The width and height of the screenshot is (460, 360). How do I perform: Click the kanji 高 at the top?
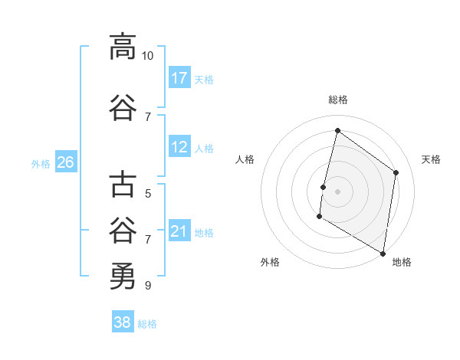click(x=123, y=47)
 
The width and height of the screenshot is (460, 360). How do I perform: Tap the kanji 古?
click(x=123, y=185)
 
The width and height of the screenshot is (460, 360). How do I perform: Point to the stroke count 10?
click(x=148, y=56)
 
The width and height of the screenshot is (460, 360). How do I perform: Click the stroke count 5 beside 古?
click(x=148, y=194)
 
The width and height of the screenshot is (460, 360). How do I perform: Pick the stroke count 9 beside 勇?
click(x=148, y=286)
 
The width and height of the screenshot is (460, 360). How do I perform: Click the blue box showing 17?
click(x=179, y=77)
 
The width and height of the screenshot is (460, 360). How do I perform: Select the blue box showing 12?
click(x=179, y=147)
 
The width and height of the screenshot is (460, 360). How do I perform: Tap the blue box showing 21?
click(x=179, y=231)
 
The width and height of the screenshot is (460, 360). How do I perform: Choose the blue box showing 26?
click(x=66, y=162)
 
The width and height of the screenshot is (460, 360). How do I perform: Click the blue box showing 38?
click(x=123, y=322)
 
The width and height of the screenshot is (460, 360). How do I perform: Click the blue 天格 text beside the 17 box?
click(x=204, y=79)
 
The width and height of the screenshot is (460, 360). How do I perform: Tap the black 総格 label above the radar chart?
click(x=337, y=100)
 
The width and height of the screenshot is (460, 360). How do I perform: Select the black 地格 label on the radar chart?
click(x=402, y=262)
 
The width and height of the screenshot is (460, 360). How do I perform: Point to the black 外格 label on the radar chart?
click(x=270, y=262)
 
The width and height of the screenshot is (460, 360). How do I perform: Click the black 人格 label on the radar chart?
click(x=245, y=159)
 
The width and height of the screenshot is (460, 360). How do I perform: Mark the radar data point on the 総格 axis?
click(x=337, y=130)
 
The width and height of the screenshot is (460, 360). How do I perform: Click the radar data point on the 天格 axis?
click(x=396, y=172)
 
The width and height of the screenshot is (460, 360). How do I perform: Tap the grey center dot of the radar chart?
click(x=337, y=191)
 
